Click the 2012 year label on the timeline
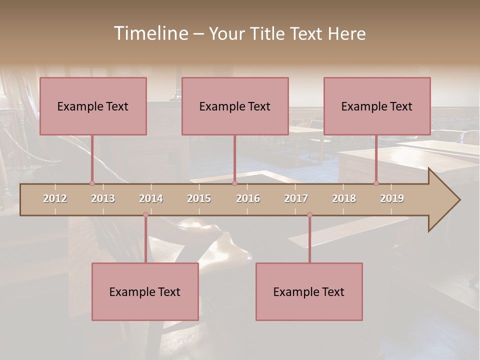[55, 198]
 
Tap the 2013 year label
[103, 198]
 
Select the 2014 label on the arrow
[151, 198]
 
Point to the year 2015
[199, 198]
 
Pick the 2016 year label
[248, 198]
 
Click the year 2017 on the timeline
[296, 198]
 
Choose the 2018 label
[344, 198]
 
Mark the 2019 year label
[392, 198]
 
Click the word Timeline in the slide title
[150, 33]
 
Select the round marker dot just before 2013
[92, 183]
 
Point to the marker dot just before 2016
[234, 183]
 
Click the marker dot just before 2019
[376, 183]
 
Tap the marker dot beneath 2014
[145, 215]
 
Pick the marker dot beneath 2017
[309, 215]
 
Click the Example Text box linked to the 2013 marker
[93, 106]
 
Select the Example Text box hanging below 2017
[309, 291]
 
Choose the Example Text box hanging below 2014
[145, 291]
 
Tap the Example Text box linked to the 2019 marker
[377, 106]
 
